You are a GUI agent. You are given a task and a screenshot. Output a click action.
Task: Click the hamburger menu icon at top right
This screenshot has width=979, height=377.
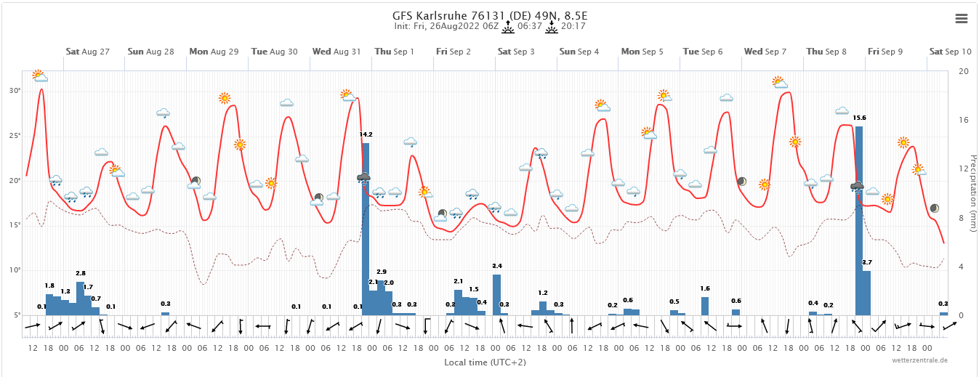click(x=962, y=19)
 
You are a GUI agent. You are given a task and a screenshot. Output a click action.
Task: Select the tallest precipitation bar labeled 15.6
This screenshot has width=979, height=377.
click(x=859, y=218)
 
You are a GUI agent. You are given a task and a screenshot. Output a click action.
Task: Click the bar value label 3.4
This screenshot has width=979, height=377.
click(x=497, y=266)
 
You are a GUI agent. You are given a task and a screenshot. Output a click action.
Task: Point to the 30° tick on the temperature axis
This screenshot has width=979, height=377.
click(x=15, y=91)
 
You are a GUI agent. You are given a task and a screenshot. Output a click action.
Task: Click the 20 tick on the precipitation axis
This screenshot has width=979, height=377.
click(x=963, y=71)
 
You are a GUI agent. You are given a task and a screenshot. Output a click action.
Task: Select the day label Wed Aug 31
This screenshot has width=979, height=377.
click(x=337, y=52)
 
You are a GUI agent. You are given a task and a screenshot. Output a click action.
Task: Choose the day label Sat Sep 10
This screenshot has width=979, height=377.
click(x=950, y=52)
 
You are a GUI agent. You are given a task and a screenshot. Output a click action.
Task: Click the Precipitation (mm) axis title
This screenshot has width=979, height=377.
click(x=972, y=192)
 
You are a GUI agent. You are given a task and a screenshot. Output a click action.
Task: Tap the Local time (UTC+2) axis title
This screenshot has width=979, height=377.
click(x=486, y=361)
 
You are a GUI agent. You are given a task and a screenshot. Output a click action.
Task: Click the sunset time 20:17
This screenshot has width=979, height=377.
click(x=573, y=26)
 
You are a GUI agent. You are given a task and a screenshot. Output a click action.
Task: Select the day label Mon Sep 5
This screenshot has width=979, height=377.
click(x=642, y=52)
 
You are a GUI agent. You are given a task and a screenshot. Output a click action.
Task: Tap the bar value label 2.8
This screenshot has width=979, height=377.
click(x=81, y=273)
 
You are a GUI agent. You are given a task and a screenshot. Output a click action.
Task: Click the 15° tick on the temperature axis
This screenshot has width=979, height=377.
click(x=15, y=225)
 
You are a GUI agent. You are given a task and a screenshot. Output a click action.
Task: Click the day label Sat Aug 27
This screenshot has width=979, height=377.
click(x=87, y=52)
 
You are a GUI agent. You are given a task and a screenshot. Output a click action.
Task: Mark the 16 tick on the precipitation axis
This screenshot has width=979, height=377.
click(x=963, y=120)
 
